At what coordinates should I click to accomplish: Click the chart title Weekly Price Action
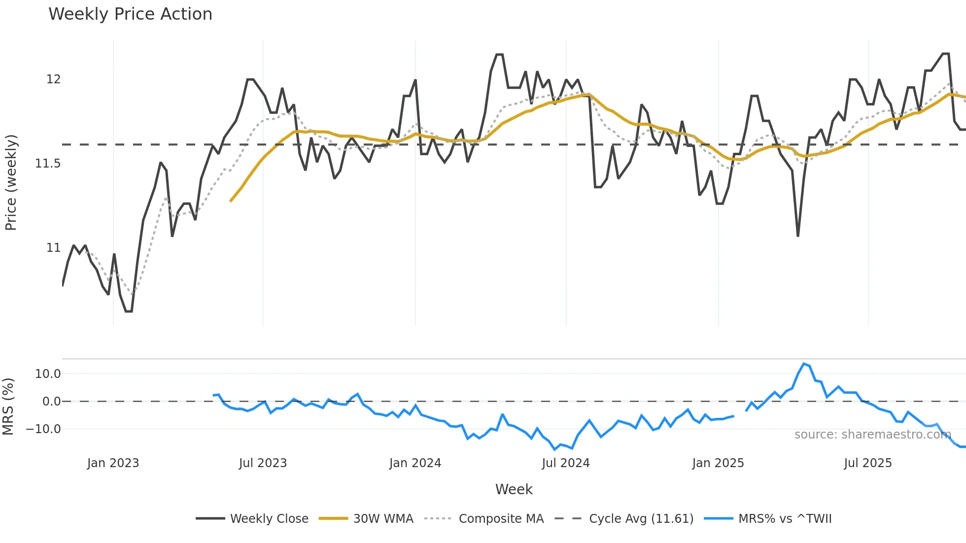(x=130, y=14)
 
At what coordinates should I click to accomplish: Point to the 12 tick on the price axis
(x=53, y=79)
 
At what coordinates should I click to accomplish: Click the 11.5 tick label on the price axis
(x=48, y=164)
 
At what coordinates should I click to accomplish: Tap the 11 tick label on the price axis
(x=53, y=248)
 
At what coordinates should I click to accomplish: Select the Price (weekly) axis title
(x=11, y=182)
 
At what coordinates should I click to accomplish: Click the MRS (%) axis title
(x=8, y=407)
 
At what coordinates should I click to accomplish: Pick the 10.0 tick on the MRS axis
(x=48, y=374)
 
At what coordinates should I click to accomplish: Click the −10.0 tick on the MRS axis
(x=43, y=429)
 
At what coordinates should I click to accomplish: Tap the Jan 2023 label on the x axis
(x=113, y=463)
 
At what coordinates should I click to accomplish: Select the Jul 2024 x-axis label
(x=565, y=463)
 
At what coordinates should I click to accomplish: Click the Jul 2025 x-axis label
(x=867, y=463)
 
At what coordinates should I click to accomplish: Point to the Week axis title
(x=514, y=489)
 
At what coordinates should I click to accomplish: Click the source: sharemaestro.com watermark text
(x=872, y=435)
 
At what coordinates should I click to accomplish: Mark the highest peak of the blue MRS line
(x=804, y=364)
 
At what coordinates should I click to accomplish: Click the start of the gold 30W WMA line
(x=231, y=201)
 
